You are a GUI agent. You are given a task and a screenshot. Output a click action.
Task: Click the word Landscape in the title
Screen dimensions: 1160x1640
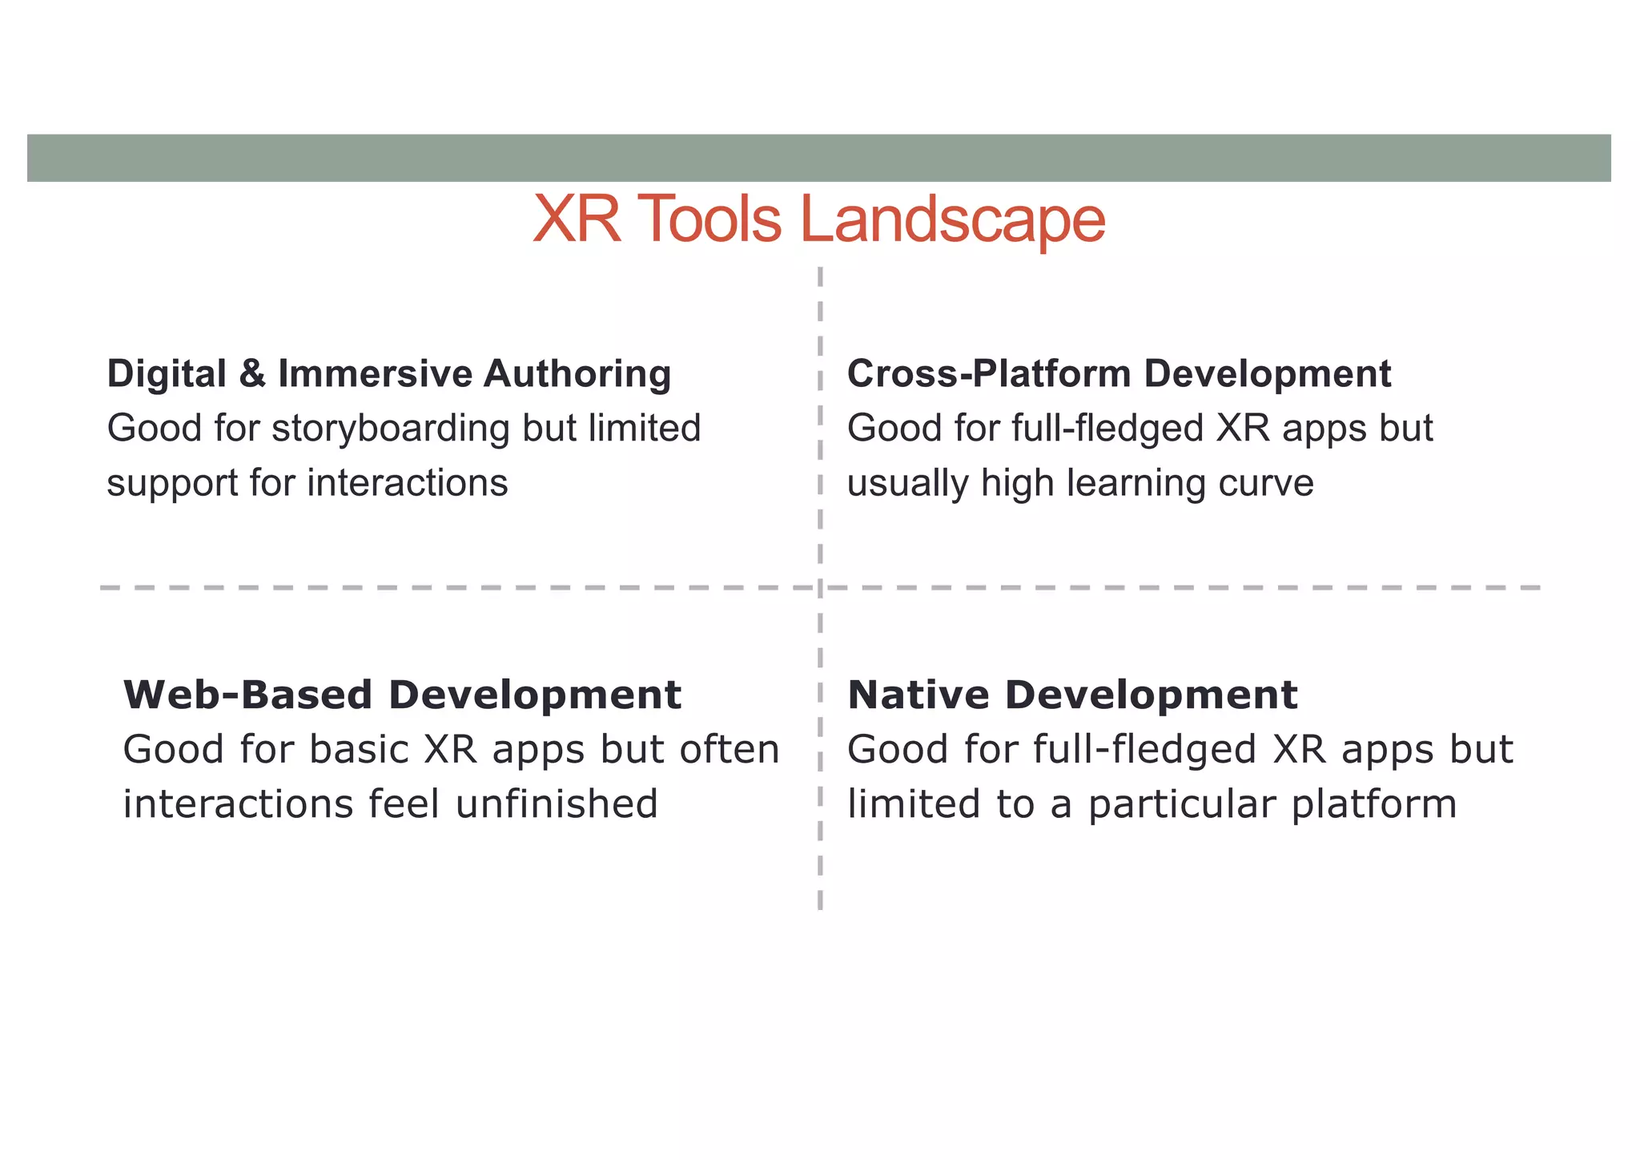click(952, 220)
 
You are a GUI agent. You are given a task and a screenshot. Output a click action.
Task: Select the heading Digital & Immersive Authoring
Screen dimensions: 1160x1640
click(389, 374)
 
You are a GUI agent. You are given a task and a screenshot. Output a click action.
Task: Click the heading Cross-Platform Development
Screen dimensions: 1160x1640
click(1119, 374)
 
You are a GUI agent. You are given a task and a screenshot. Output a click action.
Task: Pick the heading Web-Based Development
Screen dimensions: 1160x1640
click(402, 695)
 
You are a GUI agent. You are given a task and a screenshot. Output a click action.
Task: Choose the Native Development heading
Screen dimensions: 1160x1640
click(1072, 695)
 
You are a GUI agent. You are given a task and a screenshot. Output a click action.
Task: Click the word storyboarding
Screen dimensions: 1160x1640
click(391, 429)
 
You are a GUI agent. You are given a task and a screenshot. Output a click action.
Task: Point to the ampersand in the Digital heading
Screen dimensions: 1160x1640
click(252, 374)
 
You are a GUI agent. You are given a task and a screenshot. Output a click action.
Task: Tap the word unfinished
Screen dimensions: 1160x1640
click(557, 804)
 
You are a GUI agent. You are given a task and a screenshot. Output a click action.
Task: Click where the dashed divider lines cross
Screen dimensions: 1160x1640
click(820, 588)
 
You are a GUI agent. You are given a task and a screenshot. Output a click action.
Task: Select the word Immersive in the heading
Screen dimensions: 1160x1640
click(375, 374)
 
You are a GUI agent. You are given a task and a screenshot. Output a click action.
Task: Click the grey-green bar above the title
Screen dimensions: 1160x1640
click(818, 158)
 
